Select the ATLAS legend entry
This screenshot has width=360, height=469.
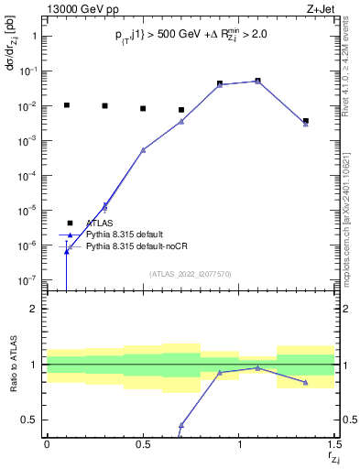pos(101,223)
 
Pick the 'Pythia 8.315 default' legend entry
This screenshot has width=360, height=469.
pos(127,235)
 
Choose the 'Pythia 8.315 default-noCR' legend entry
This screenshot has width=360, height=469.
pos(137,247)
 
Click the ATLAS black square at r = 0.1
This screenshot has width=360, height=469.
pos(66,105)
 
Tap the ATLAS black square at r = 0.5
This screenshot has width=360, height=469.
pos(143,108)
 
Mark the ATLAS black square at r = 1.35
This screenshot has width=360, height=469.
pos(306,121)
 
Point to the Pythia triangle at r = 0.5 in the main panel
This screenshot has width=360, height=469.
pos(143,149)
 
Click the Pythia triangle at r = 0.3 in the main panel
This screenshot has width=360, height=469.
pos(104,206)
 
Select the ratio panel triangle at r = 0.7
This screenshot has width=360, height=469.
pos(181,425)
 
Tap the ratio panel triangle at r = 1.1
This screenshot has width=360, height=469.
pos(258,368)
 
